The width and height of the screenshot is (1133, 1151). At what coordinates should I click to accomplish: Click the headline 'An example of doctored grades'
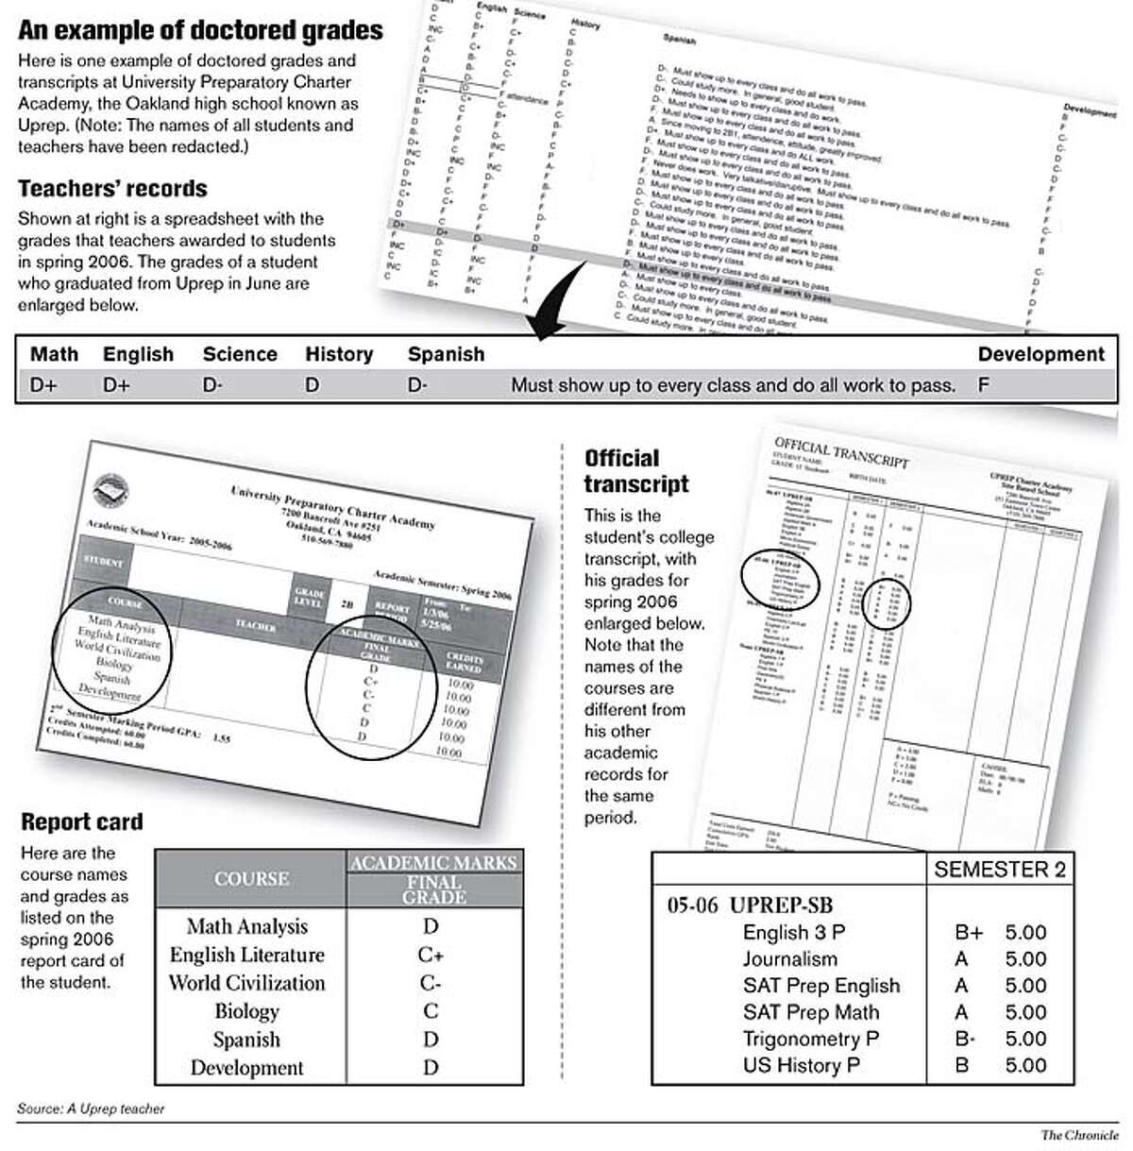coord(200,30)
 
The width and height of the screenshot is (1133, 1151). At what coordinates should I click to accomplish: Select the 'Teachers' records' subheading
coord(112,188)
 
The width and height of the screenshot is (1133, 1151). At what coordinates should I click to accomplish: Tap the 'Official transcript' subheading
coord(636,471)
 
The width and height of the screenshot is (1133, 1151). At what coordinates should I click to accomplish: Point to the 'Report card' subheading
coord(82,821)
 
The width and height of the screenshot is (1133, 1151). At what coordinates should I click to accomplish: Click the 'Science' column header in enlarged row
coord(240,354)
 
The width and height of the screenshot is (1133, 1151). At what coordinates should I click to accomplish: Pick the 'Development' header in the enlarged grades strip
coord(1040,354)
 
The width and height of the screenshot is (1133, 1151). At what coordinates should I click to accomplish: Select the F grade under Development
coord(984,385)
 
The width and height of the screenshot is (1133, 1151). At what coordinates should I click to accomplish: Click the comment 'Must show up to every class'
coord(733,385)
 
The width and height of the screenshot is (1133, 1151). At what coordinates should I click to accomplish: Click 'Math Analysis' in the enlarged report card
coord(246,926)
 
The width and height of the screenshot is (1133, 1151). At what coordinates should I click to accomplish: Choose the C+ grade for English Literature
coord(431,955)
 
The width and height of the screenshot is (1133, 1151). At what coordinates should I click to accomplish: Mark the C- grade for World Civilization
coord(431,983)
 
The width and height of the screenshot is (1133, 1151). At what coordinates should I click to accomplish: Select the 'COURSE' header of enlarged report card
coord(251,878)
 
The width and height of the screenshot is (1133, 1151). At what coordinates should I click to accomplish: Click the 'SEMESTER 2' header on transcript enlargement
coord(999,870)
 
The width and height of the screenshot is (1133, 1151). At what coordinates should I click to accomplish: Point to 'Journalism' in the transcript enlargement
coord(789,958)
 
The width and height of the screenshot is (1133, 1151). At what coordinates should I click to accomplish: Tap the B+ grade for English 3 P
coord(969,932)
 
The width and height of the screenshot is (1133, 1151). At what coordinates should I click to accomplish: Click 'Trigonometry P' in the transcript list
coord(810,1038)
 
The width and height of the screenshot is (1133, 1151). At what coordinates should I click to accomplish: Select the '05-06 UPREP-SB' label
coord(750,905)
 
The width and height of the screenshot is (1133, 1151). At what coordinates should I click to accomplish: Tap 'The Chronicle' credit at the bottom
coord(1079,1135)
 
